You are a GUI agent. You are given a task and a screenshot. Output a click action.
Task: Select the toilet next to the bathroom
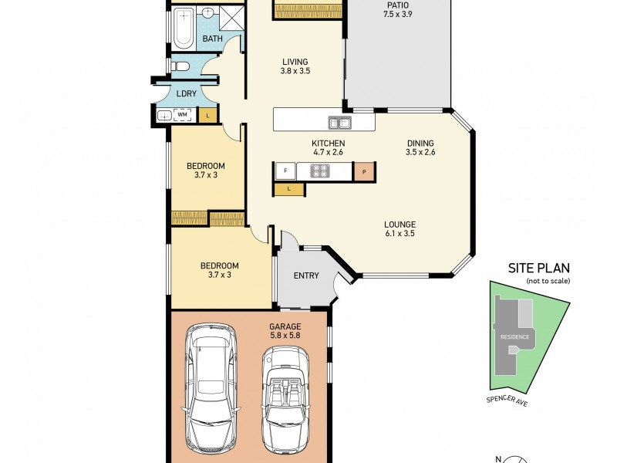click(x=180, y=66)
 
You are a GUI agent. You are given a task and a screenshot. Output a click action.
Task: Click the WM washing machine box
click(x=183, y=115)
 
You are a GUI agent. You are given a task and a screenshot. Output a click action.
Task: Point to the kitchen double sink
click(x=340, y=122)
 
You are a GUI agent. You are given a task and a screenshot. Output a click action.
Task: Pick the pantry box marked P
click(x=363, y=171)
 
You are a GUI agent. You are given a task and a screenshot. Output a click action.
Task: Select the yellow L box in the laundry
click(x=207, y=116)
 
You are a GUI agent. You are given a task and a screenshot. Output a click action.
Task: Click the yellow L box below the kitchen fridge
click(x=288, y=188)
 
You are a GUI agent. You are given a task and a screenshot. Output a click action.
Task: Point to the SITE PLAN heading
click(x=538, y=269)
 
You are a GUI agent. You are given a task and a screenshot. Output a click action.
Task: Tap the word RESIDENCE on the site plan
click(x=515, y=337)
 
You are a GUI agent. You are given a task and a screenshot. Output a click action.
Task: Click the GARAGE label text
click(x=285, y=326)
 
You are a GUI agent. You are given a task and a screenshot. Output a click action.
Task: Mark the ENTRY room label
click(x=306, y=276)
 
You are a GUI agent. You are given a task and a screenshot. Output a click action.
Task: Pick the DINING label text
click(x=420, y=143)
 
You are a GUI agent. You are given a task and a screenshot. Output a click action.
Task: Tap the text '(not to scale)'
click(x=548, y=281)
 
